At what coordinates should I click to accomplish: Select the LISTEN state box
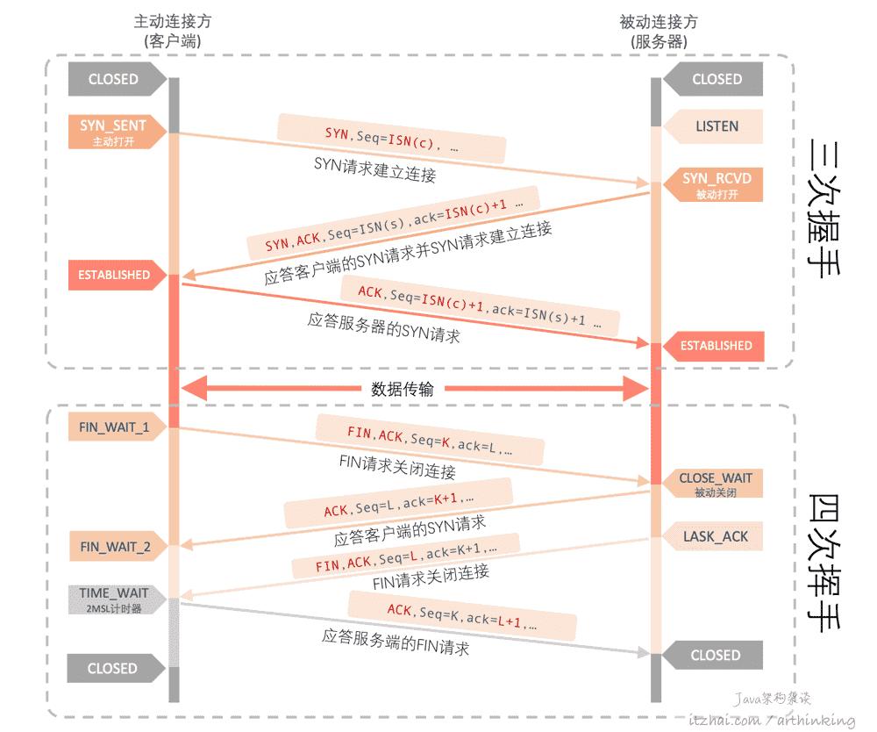pyautogui.click(x=716, y=126)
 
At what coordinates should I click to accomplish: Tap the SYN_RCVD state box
pyautogui.click(x=717, y=184)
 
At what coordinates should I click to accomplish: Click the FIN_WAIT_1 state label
pyautogui.click(x=114, y=427)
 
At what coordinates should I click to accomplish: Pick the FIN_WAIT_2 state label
pyautogui.click(x=115, y=547)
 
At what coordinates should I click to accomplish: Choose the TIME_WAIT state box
pyautogui.click(x=114, y=599)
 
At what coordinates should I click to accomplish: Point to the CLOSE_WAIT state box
pyautogui.click(x=716, y=484)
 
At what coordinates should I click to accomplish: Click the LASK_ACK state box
pyautogui.click(x=716, y=535)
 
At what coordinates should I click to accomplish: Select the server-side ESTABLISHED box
pyautogui.click(x=716, y=346)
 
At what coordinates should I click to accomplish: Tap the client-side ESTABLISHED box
pyautogui.click(x=114, y=275)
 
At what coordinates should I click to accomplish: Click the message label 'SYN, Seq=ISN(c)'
pyautogui.click(x=392, y=137)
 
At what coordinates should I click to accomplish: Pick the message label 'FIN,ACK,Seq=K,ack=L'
pyautogui.click(x=430, y=440)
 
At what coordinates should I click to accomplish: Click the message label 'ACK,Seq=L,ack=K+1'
pyautogui.click(x=399, y=504)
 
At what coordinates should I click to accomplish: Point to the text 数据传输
pyautogui.click(x=403, y=390)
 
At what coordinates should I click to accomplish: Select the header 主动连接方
pyautogui.click(x=173, y=22)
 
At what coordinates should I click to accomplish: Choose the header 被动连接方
pyautogui.click(x=659, y=22)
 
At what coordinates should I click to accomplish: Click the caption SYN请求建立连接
pyautogui.click(x=374, y=169)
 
